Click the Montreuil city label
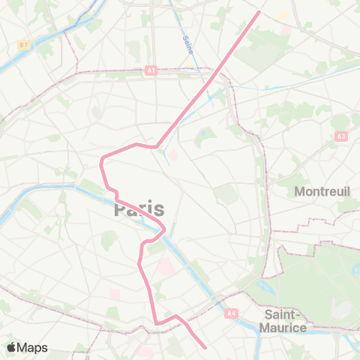pos(322,191)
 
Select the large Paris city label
pos(139,208)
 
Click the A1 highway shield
pos(151,70)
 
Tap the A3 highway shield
pos(341,136)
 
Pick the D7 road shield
pos(24,46)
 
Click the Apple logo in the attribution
pos(13,347)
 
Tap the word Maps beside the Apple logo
pos(34,347)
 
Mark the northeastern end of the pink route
pos(259,11)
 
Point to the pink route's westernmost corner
pos(101,160)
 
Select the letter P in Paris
pos(121,208)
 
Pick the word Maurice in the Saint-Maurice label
pos(283,328)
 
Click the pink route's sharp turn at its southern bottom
pos(157,323)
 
